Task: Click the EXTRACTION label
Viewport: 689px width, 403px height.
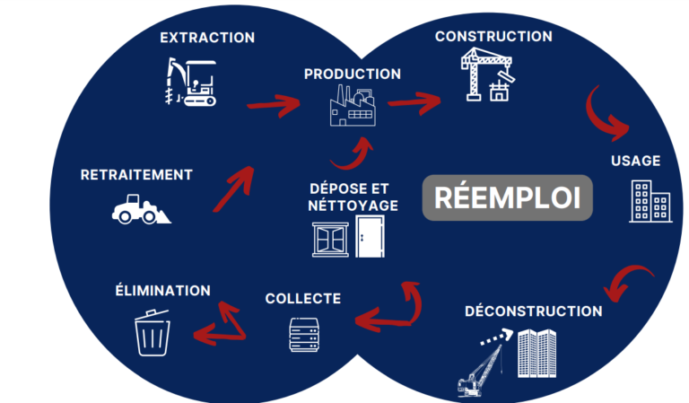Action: [x=206, y=38]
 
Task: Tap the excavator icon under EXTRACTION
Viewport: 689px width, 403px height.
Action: [x=193, y=83]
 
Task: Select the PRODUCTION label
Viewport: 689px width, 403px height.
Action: [x=352, y=74]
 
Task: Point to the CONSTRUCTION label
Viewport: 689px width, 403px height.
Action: [x=493, y=37]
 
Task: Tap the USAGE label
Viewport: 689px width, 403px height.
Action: [x=635, y=161]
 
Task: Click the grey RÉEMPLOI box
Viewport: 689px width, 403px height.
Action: [x=508, y=197]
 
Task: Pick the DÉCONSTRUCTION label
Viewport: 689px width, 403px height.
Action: [x=533, y=311]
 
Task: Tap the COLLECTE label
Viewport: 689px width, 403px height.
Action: [x=303, y=298]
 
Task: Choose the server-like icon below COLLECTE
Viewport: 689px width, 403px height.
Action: [x=303, y=334]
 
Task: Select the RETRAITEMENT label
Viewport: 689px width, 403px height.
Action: [x=136, y=174]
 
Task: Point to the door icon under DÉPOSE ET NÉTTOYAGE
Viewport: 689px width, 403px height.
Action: [x=369, y=240]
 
